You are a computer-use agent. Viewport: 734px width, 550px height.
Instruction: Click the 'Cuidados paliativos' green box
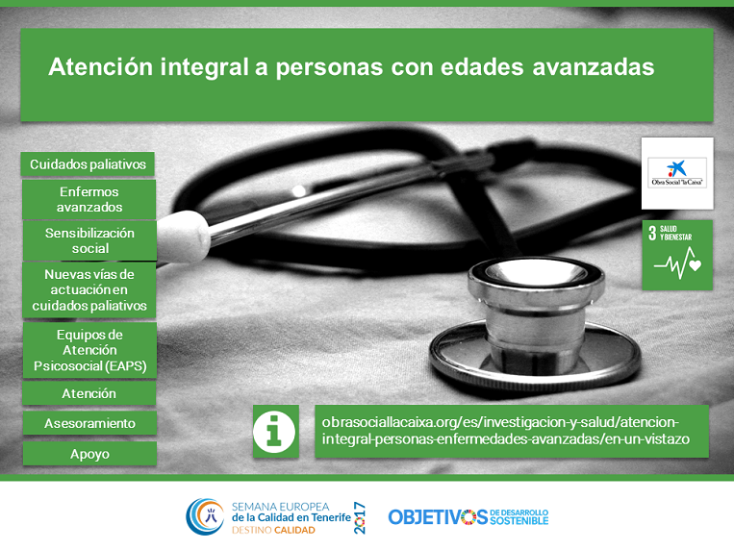point(88,164)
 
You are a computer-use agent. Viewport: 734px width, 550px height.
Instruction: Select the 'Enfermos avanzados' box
point(89,199)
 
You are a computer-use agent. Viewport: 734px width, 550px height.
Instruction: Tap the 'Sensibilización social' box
point(89,240)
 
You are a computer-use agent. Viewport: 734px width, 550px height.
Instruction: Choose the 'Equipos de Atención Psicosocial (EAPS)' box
point(89,350)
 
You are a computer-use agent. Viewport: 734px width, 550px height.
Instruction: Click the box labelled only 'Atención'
point(89,393)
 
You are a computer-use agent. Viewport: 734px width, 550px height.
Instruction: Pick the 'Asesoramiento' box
point(89,423)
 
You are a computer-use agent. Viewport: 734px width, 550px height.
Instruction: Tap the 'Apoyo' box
point(89,454)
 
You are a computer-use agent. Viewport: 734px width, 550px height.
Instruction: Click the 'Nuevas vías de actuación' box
point(89,290)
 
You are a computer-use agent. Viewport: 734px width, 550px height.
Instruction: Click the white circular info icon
point(274,432)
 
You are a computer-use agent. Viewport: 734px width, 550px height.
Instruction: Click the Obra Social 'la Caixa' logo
point(677,173)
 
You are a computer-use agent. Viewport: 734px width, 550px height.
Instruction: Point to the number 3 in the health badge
point(652,233)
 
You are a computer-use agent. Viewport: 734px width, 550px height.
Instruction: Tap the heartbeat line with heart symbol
point(678,263)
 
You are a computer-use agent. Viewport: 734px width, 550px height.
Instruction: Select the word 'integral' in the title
point(204,67)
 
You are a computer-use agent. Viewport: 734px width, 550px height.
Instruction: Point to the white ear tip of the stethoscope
point(183,237)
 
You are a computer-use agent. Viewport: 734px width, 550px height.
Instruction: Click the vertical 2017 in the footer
point(359,517)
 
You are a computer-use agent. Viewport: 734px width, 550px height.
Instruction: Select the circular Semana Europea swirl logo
point(205,516)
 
